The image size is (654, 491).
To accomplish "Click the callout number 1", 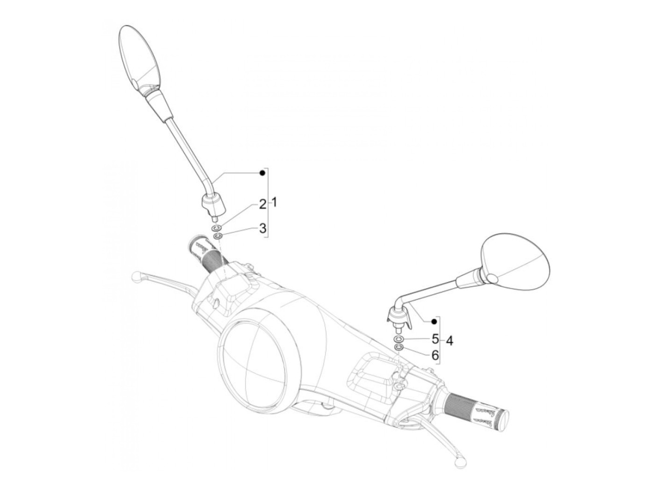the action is (275, 203).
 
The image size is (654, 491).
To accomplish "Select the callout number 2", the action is (263, 204).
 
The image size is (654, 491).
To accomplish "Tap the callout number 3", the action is (263, 228).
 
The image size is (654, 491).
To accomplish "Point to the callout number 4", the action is (449, 341).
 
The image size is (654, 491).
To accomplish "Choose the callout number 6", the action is (435, 356).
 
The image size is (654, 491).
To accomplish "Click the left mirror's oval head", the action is (141, 58).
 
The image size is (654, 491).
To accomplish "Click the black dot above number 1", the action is (263, 173).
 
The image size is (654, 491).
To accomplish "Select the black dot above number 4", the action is (434, 321).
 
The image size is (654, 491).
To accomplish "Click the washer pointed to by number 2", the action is (216, 228).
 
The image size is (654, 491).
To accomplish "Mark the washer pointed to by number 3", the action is (217, 237).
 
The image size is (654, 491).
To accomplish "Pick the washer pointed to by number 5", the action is (398, 339).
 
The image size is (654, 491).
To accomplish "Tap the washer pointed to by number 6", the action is (398, 347).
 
